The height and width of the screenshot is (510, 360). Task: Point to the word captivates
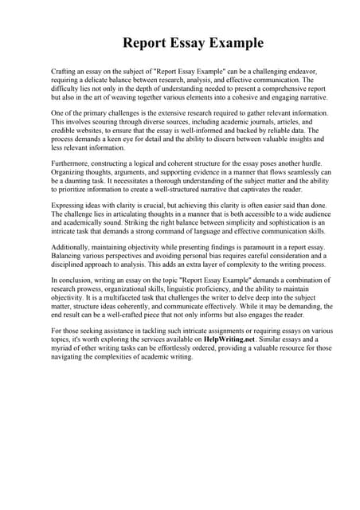click(258, 191)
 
